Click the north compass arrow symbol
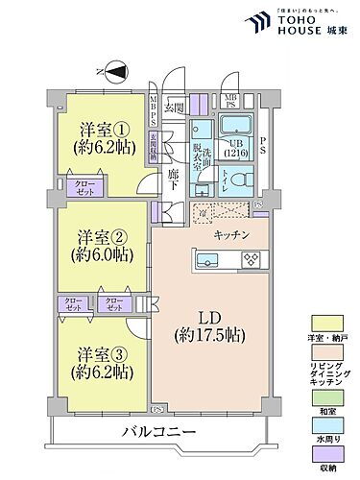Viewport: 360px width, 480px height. (x=114, y=70)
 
